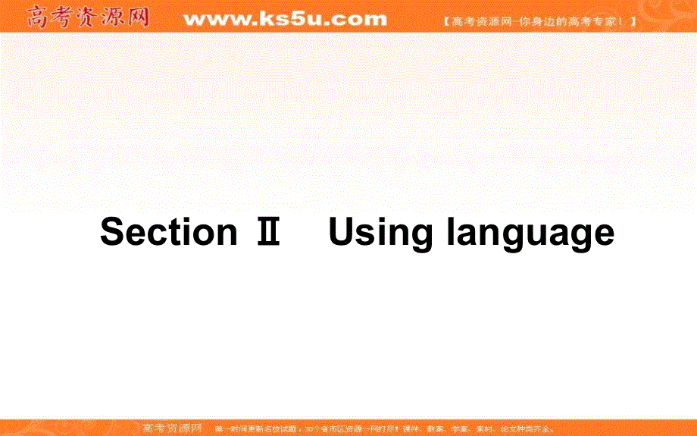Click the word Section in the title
pos(168,232)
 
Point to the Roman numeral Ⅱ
pos(267,232)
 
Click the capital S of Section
pos(112,232)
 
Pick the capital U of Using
pos(342,232)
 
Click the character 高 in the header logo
pos(38,17)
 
